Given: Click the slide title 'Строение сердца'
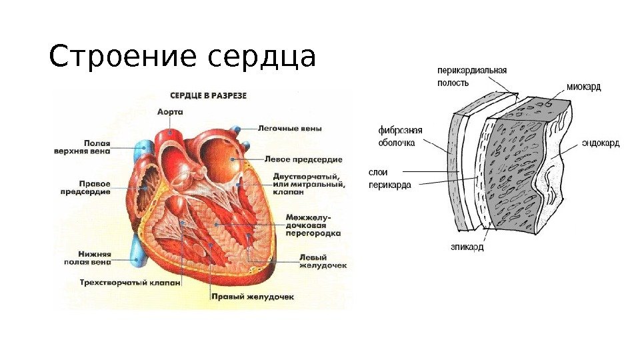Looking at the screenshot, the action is click(181, 58).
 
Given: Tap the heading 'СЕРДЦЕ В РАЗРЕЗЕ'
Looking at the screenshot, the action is click(209, 95).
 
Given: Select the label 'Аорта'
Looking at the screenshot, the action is click(171, 112).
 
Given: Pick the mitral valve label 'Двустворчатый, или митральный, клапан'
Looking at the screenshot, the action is click(308, 183).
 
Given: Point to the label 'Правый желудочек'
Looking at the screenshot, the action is click(252, 295).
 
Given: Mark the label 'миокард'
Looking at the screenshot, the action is click(583, 87).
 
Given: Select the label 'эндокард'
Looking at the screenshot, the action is click(601, 143).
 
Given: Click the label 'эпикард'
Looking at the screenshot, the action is click(467, 247).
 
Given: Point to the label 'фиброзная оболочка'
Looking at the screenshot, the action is click(400, 137).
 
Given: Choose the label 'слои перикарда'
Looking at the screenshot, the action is click(390, 178).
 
